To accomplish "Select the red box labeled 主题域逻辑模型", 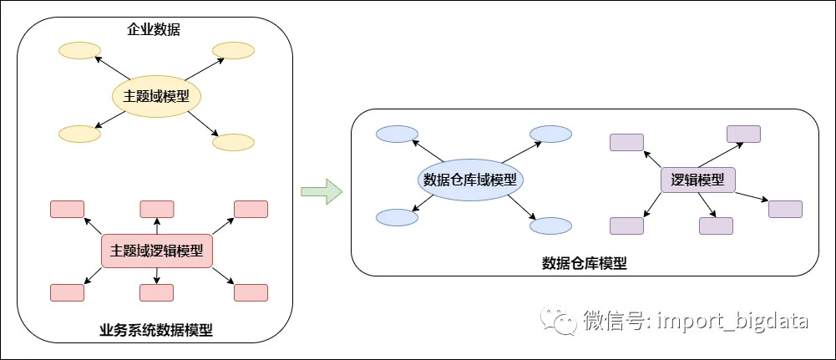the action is [156, 251].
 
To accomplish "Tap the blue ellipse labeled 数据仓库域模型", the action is [469, 180].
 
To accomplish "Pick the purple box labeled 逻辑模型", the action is [698, 180].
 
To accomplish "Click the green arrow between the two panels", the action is [321, 191].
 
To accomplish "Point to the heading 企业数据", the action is [154, 30].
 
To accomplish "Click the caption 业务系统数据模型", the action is [156, 331].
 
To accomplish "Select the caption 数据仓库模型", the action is [584, 263].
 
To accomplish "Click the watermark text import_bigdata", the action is [733, 321].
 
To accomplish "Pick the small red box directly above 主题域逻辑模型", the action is [156, 209].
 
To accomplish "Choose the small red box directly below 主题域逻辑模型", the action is [156, 293].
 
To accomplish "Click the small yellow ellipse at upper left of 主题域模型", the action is [79, 51].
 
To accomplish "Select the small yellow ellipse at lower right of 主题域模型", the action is [234, 142].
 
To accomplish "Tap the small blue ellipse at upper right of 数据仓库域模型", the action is [550, 134].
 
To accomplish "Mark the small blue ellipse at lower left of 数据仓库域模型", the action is [398, 218].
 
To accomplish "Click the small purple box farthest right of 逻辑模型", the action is [785, 209].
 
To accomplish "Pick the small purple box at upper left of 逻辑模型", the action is [626, 142].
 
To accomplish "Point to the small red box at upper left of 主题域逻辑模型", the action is [67, 209].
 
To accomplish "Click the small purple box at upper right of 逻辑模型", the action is [744, 134].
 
